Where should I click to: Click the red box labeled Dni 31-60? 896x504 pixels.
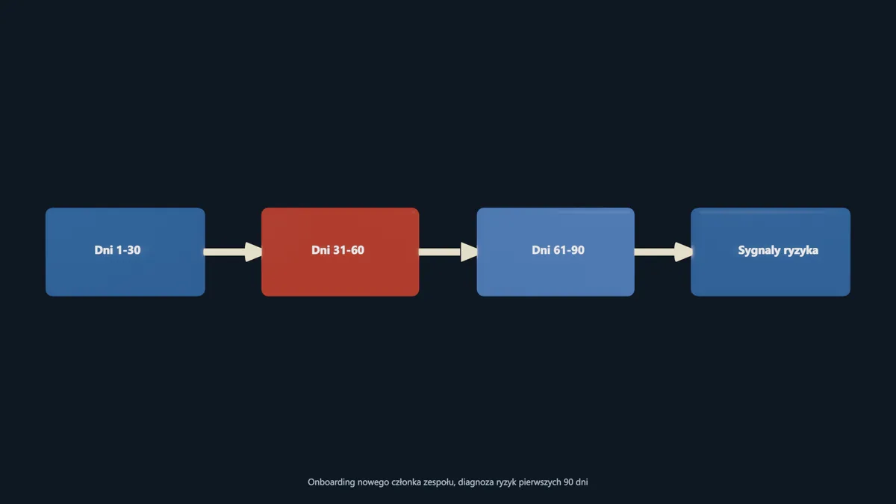340,252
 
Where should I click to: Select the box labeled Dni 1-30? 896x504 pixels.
125,252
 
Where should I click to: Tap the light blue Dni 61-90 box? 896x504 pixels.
556,252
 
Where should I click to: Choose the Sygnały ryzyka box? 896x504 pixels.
771,252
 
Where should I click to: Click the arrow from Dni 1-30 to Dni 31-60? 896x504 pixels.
233,252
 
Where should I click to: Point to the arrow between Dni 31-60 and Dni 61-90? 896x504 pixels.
448,252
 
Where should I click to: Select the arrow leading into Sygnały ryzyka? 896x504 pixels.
663,252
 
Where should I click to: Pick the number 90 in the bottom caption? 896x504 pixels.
568,482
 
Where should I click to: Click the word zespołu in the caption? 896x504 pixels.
439,482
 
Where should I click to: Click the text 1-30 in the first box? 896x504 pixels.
128,250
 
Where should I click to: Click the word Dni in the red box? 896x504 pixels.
320,250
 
